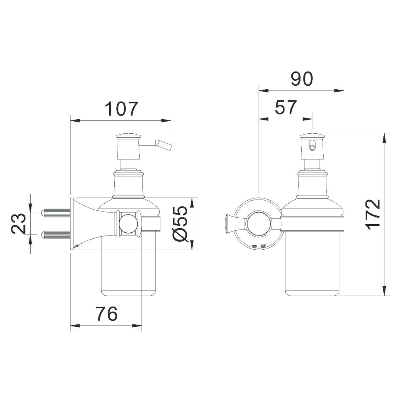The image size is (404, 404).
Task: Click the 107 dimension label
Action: coord(121,109)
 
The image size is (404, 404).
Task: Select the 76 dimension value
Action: coord(106,314)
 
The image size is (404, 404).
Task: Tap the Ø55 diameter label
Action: coord(180,223)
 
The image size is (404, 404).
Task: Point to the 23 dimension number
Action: coord(19,223)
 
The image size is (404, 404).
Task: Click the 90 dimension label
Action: coord(301,79)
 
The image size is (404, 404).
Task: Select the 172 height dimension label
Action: coord(373,215)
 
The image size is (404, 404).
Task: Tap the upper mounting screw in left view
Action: coord(56,213)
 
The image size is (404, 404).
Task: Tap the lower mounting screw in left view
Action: coord(56,235)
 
